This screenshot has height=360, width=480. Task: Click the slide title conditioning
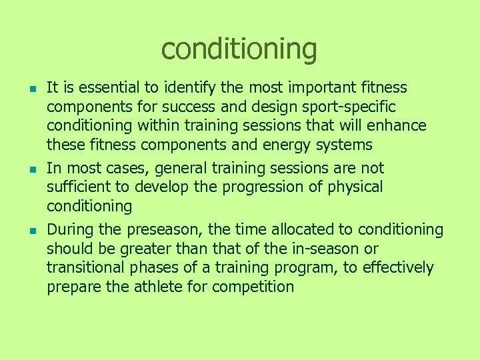point(239,49)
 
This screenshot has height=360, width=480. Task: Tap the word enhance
point(399,126)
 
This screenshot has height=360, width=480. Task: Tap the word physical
point(355,187)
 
